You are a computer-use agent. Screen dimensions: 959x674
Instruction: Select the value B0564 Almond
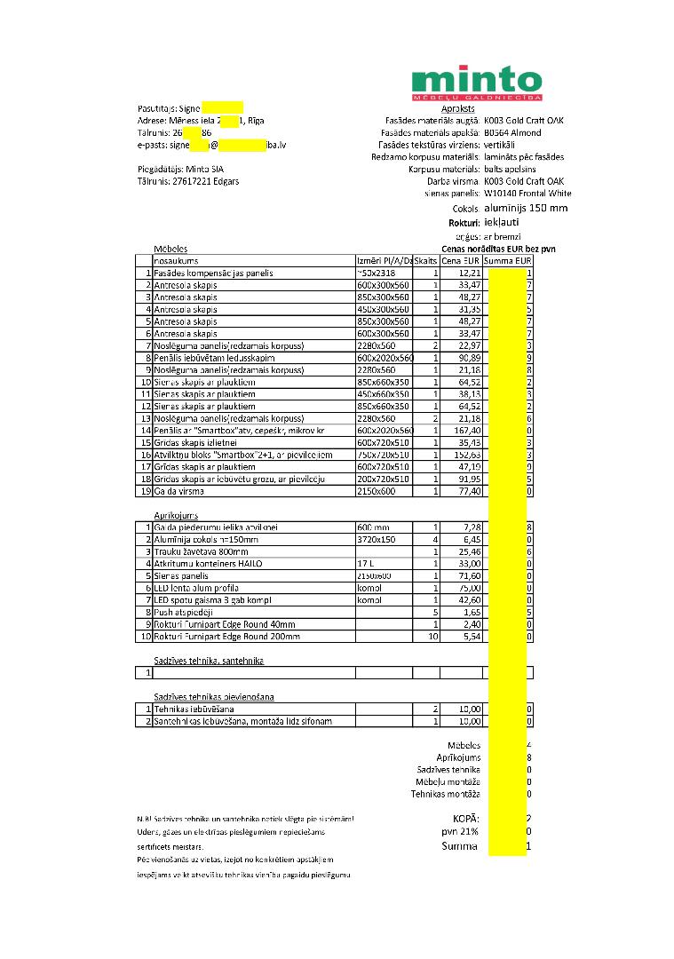512,132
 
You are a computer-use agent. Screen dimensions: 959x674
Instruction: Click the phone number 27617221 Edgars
188,181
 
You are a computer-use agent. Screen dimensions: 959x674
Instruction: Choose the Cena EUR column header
462,261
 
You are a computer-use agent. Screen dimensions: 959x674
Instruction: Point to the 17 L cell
366,564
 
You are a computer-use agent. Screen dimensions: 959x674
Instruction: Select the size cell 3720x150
377,539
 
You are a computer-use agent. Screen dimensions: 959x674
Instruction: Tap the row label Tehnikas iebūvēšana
194,709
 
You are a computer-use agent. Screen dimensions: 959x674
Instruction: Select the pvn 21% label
460,832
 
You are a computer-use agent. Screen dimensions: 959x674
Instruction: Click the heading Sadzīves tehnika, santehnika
209,661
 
